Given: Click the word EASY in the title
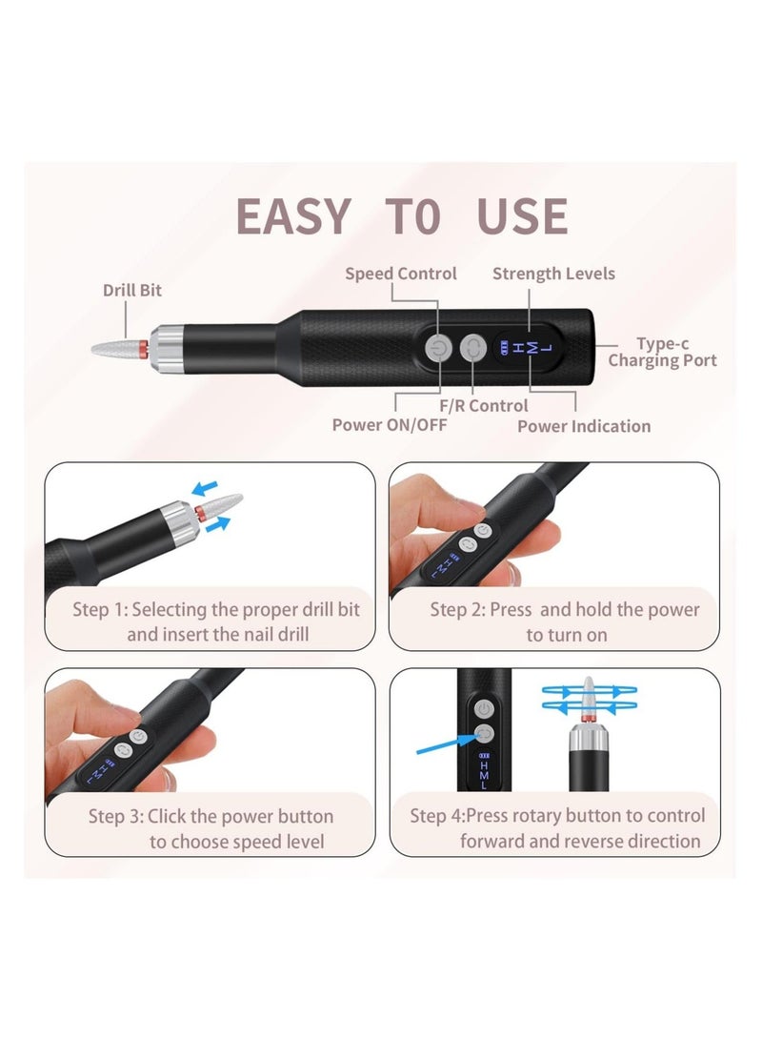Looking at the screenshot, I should click(x=292, y=216).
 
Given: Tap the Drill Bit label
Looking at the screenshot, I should click(x=132, y=290).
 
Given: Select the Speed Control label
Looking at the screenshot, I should click(x=400, y=274).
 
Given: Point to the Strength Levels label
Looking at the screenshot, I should click(x=553, y=274).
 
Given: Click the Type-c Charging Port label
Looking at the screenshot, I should click(x=662, y=352).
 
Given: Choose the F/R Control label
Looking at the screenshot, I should click(x=484, y=406).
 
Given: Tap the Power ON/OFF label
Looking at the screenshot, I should click(x=389, y=425).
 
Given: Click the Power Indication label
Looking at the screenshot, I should click(x=584, y=426).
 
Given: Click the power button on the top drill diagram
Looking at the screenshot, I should click(x=437, y=349).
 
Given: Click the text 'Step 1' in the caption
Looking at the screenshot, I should click(x=99, y=609).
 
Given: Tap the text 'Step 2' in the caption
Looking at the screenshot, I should click(x=455, y=609).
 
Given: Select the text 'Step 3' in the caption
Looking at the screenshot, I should click(x=115, y=816).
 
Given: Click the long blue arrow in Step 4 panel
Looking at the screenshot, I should click(x=447, y=743).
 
